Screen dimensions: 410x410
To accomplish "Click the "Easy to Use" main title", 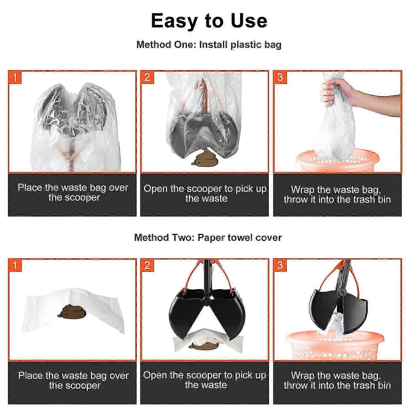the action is click(x=209, y=21).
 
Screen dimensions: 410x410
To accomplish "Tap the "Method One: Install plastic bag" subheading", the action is click(x=209, y=45).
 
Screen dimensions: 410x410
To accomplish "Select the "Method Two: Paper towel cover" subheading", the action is click(x=208, y=238).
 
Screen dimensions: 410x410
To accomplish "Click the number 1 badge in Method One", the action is click(x=15, y=77).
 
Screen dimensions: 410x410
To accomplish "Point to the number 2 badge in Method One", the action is click(x=147, y=77).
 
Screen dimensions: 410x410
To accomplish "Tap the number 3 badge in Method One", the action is click(x=280, y=77).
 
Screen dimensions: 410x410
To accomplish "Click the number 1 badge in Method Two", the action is click(x=15, y=265).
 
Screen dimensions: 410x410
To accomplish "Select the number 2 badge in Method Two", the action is click(x=147, y=265).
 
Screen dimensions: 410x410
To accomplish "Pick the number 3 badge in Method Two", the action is click(x=280, y=265).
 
